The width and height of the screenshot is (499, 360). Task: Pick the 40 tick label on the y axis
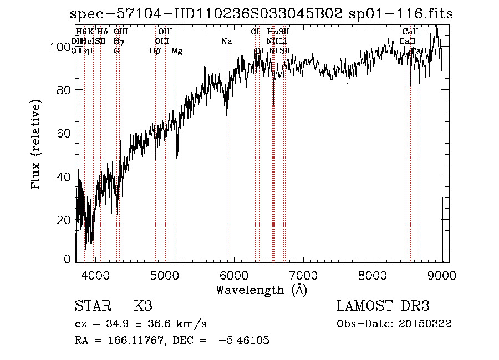64,177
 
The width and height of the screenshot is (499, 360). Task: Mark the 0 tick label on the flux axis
68,259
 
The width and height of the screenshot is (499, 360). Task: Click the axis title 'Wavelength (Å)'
261,290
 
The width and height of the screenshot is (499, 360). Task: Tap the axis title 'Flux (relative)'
37,145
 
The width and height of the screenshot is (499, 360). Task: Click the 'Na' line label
227,42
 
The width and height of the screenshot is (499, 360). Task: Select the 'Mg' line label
177,51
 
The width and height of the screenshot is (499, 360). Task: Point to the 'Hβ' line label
156,51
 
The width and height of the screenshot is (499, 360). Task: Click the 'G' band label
116,51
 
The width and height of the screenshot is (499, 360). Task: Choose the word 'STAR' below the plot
91,306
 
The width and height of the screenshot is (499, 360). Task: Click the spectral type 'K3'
142,306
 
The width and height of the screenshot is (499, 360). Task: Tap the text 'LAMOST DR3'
383,306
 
